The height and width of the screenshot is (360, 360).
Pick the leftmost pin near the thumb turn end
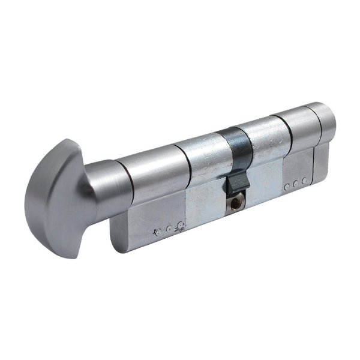click(157, 231)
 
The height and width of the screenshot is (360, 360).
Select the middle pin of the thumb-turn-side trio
click(169, 228)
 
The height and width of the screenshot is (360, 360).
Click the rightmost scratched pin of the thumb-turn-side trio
click(180, 226)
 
